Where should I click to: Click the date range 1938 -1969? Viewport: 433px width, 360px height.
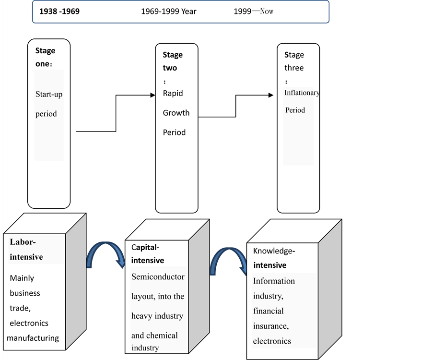59,12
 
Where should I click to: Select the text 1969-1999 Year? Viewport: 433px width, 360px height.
168,12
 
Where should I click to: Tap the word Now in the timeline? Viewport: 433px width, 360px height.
267,12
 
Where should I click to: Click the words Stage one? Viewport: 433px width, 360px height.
46,57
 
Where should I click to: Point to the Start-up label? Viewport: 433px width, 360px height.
49,94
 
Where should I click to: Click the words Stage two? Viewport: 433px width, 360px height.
172,61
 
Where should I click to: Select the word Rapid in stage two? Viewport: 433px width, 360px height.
173,93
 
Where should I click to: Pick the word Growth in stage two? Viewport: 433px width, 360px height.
176,113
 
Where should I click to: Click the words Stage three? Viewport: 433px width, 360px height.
294,61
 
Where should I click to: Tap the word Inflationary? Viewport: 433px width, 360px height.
302,93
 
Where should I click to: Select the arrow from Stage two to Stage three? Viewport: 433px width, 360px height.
236,106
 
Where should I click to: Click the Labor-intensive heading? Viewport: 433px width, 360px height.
26,249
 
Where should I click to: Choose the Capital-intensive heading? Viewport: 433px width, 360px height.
148,254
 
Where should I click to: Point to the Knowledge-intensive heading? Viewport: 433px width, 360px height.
274,258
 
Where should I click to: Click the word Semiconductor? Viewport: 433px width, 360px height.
158,276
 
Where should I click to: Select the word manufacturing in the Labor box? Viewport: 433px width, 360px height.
33,338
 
